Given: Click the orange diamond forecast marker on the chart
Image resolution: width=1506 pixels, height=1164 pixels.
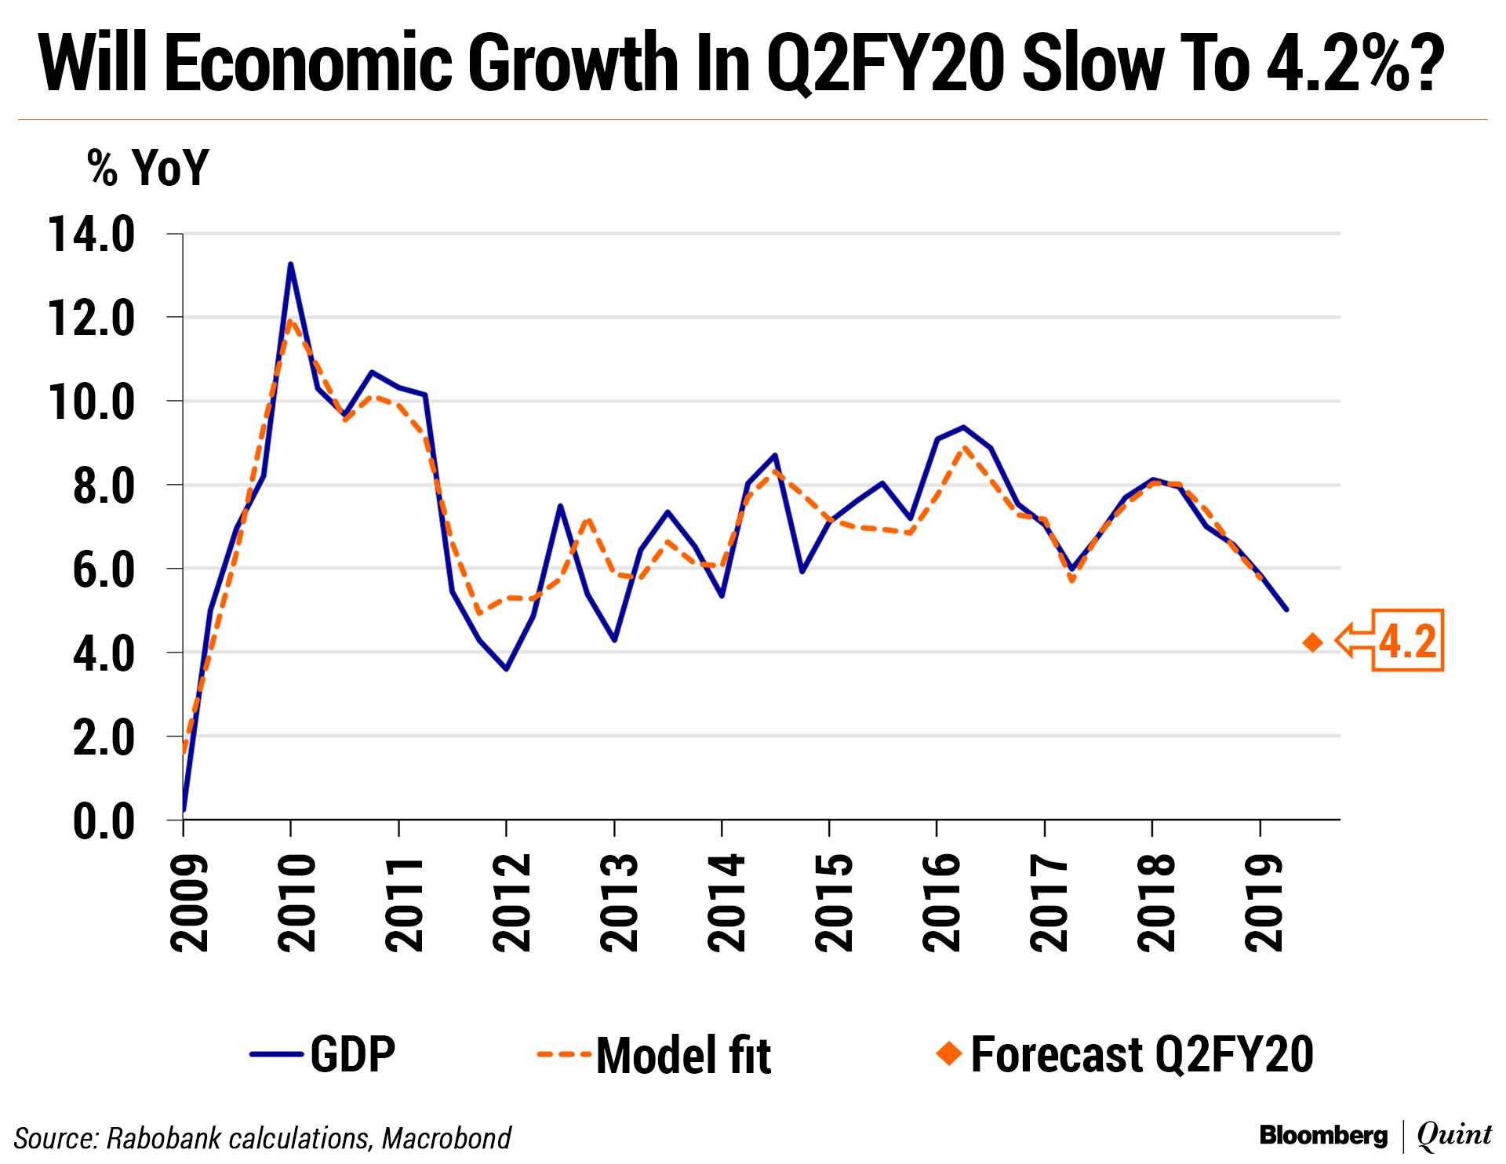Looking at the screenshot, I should [x=1312, y=642].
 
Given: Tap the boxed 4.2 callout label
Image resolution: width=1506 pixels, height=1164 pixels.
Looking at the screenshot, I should [x=1408, y=640].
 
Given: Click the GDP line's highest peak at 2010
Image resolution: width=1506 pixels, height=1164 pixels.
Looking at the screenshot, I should [x=290, y=264].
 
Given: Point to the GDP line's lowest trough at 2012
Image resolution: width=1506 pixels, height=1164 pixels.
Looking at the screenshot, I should [x=506, y=668].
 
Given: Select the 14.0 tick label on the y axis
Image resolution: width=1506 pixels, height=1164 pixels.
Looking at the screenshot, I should [x=92, y=235].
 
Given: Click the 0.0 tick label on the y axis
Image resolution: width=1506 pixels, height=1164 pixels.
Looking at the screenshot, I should [x=103, y=821].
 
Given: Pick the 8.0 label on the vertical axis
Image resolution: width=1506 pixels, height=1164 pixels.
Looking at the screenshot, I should [x=103, y=486].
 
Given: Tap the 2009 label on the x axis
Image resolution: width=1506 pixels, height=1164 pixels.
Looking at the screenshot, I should [x=190, y=903].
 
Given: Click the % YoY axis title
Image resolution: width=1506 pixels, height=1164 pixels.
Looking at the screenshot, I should [x=147, y=167].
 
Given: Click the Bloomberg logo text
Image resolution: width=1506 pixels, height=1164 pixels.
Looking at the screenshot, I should [x=1323, y=1135].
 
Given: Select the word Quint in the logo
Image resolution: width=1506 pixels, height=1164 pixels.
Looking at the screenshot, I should [x=1453, y=1135].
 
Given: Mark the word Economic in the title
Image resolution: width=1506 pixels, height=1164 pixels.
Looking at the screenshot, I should [x=310, y=63].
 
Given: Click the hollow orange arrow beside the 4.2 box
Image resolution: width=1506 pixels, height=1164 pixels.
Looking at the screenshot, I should [x=1355, y=640].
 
